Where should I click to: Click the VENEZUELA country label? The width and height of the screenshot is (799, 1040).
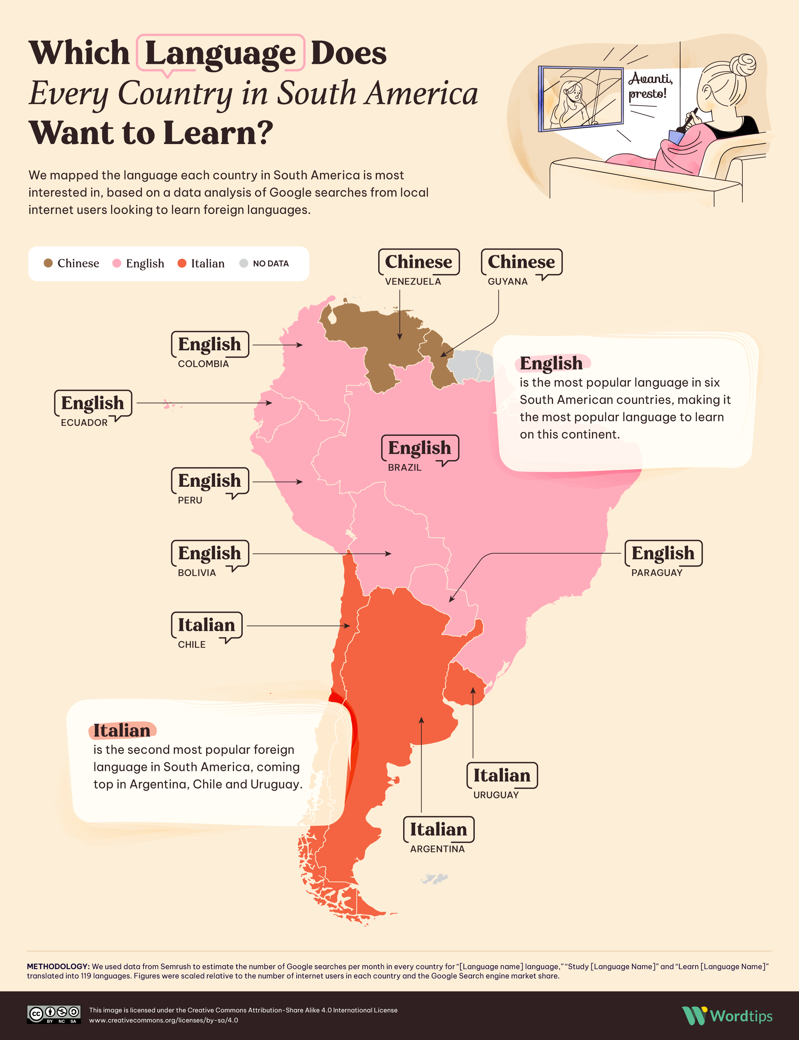coord(413,281)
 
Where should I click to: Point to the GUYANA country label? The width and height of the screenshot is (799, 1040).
coord(507,281)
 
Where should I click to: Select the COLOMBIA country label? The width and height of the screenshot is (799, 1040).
coord(203,364)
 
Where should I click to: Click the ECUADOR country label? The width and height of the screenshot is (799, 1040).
coord(84,423)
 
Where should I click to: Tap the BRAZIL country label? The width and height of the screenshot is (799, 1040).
coord(404,467)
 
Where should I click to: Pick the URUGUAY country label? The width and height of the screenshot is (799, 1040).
coord(496,795)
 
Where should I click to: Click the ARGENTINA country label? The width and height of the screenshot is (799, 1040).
coord(437,849)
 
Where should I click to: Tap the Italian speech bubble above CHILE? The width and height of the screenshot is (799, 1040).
coord(206,625)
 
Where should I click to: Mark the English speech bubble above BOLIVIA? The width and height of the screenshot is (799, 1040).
coord(209,553)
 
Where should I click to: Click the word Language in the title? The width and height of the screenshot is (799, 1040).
coord(220,53)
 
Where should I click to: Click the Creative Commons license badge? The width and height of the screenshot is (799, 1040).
coord(53,1014)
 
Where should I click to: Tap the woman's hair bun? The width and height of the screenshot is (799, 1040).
coord(742,65)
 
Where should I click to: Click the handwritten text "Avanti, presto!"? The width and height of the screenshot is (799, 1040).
coord(650,86)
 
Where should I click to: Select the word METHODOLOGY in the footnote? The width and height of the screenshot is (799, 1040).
coord(58,966)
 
